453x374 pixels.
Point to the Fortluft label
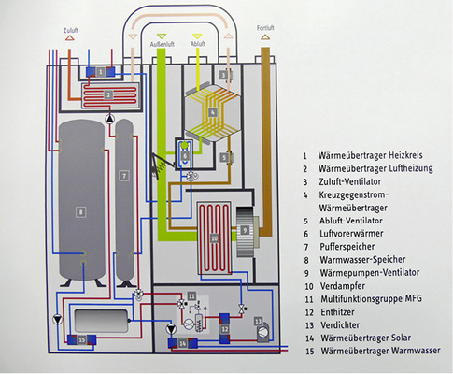pyautogui.click(x=266, y=28)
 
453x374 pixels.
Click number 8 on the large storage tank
pyautogui.click(x=81, y=214)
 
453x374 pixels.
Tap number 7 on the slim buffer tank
pyautogui.click(x=122, y=175)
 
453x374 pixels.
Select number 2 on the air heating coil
pyautogui.click(x=108, y=94)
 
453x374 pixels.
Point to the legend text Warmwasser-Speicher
pyautogui.click(x=359, y=262)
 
